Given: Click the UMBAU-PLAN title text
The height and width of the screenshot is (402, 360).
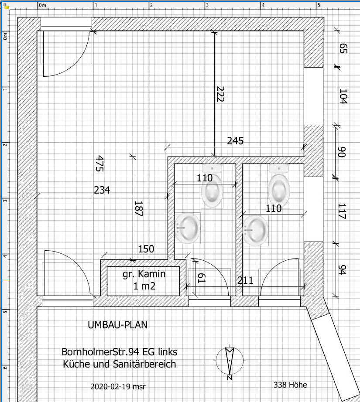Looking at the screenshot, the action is [x=117, y=325].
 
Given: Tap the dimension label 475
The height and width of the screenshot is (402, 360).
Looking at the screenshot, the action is [x=99, y=164].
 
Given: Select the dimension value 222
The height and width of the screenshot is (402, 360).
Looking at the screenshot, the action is [x=220, y=94].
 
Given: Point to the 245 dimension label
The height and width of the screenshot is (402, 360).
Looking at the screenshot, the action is [x=235, y=141].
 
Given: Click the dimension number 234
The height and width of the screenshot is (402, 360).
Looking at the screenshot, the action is [x=102, y=190].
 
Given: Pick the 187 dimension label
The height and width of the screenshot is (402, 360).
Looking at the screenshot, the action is [x=138, y=208].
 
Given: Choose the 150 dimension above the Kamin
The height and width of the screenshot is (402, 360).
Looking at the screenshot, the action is [x=146, y=249].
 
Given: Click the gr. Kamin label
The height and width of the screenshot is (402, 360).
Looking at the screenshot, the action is [x=144, y=274].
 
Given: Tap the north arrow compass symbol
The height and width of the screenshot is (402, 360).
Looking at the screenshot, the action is [x=230, y=361].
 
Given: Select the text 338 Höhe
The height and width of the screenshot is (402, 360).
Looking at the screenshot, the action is [x=290, y=385].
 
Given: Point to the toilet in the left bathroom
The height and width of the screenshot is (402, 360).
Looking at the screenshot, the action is [x=212, y=186].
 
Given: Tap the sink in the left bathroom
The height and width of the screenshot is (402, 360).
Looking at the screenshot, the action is [x=188, y=228].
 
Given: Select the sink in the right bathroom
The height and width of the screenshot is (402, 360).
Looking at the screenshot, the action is [x=256, y=229].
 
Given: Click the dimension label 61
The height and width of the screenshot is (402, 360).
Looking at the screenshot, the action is [x=202, y=278].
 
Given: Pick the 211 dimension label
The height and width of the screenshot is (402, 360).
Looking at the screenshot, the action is [x=245, y=280].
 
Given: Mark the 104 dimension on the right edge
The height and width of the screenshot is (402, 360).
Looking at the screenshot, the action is [x=343, y=96].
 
